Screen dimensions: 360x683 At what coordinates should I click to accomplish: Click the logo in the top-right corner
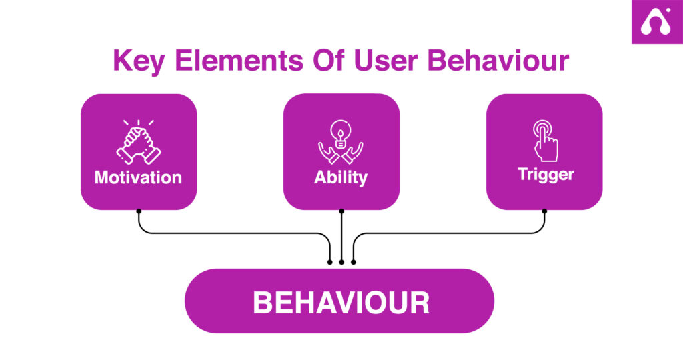tap(657, 22)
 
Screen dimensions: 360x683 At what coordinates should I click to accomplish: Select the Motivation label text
tap(138, 177)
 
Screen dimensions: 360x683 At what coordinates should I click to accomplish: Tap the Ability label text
tap(341, 177)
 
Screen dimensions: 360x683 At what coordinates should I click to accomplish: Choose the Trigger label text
tap(545, 175)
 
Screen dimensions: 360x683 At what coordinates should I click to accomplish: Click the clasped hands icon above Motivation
tap(138, 142)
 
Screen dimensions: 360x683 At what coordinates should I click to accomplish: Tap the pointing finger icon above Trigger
tap(544, 141)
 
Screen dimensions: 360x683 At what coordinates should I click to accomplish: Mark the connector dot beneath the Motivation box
tap(139, 211)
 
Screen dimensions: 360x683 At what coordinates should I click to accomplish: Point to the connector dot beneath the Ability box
tap(341, 211)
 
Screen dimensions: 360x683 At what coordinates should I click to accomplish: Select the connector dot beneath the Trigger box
tap(544, 211)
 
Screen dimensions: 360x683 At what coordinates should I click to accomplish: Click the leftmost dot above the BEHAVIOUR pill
tap(330, 262)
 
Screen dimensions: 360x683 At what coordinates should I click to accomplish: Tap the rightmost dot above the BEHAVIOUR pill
tap(353, 262)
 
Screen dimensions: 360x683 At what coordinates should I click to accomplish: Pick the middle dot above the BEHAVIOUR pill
tap(341, 262)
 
